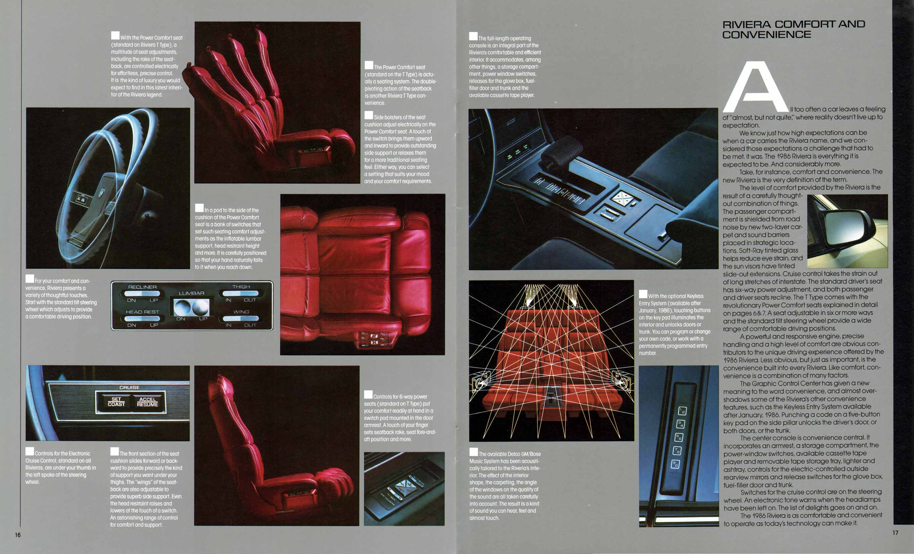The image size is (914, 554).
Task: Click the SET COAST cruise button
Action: point(116,402)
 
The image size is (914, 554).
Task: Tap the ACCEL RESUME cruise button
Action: point(147,402)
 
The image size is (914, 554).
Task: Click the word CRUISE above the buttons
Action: point(129,387)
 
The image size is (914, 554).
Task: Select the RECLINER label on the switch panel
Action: point(142,287)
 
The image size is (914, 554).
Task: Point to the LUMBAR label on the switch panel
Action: point(191,293)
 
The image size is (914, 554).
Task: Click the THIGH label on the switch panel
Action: point(241,287)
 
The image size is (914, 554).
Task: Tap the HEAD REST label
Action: point(142,312)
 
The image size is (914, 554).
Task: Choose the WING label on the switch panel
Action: point(241,312)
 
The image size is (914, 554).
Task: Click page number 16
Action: point(18,535)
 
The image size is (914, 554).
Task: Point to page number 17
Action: point(896,533)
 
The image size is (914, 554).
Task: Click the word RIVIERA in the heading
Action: point(747,25)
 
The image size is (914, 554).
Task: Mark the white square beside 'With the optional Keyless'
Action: point(643,294)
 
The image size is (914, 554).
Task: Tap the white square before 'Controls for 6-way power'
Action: point(368,395)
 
